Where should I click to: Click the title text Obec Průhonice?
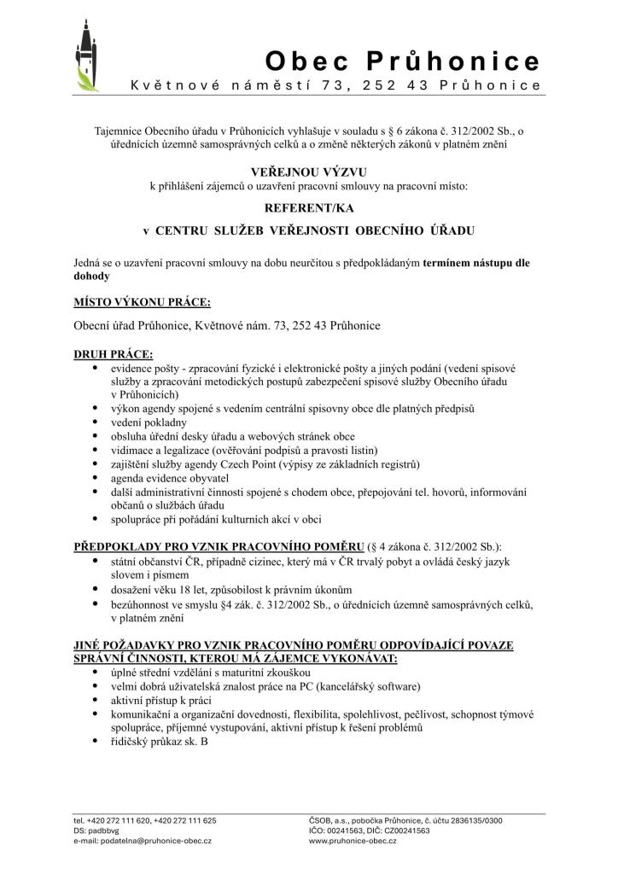click(403, 61)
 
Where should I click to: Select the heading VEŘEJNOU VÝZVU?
click(308, 172)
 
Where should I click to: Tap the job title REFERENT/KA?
click(308, 207)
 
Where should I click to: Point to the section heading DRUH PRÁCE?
click(114, 353)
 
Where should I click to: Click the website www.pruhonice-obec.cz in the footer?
click(353, 841)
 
